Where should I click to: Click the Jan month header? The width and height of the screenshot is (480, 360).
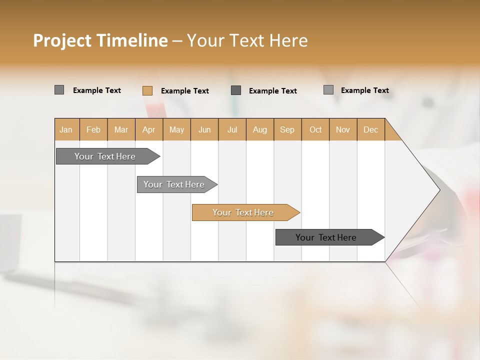tap(66, 129)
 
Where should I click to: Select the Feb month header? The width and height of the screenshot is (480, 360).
tap(93, 129)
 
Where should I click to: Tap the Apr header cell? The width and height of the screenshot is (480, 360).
tap(149, 129)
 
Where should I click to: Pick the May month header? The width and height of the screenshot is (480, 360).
tap(176, 129)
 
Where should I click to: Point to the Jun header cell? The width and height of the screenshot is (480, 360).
tap(204, 129)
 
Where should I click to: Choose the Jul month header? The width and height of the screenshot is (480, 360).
tap(232, 129)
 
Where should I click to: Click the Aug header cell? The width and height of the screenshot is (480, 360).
tap(260, 129)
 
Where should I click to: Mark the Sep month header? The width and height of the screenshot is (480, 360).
tap(287, 129)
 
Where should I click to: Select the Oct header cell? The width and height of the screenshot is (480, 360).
tap(315, 129)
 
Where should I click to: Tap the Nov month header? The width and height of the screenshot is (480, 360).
tap(343, 129)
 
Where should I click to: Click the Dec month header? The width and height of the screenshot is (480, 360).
tap(371, 129)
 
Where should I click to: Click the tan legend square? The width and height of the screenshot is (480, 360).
tap(147, 90)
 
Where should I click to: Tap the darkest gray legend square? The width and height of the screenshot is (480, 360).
tap(236, 90)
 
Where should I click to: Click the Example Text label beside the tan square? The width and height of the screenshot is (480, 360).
tap(185, 91)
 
